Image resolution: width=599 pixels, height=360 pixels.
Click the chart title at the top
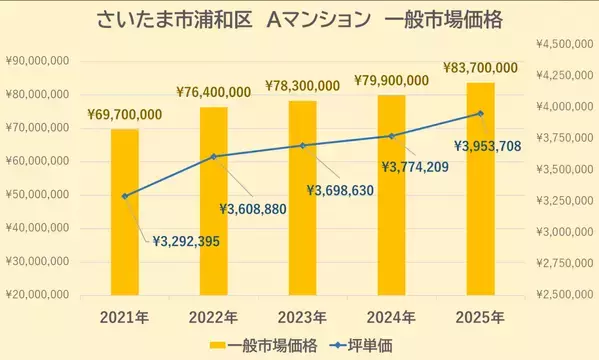pos(299,20)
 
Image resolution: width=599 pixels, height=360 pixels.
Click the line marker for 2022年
pos(214,156)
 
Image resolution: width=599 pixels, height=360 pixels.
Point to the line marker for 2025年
pos(481,113)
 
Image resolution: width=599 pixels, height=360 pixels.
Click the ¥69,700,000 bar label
pos(124,117)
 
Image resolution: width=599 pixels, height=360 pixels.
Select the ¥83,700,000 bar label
pos(480,68)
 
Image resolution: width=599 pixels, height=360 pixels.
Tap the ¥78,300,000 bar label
pos(302,87)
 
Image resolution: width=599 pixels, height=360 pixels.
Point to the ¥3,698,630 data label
pos(340,190)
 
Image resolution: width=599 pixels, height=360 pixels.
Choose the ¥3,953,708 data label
pos(487,146)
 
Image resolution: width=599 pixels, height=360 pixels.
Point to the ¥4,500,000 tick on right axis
pos(564,44)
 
